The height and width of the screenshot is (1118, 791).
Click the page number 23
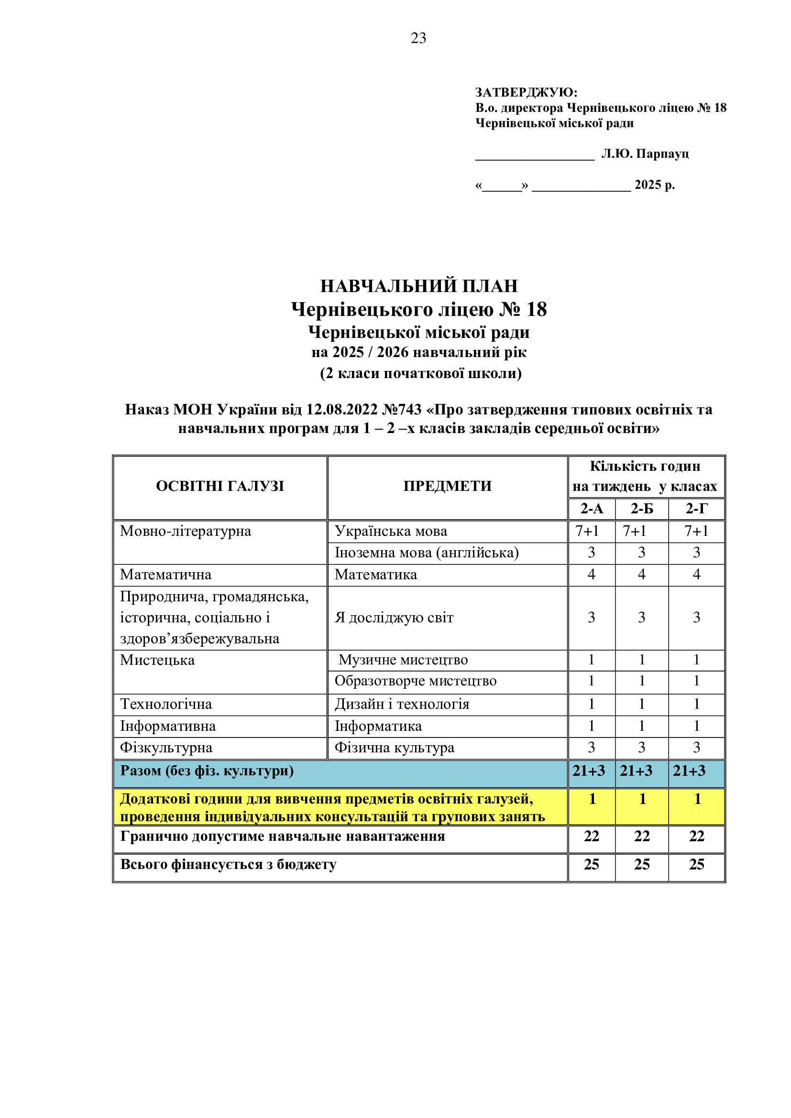point(418,38)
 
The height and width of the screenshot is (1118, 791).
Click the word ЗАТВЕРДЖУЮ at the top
point(526,92)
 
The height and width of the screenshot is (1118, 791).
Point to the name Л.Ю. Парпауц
point(645,154)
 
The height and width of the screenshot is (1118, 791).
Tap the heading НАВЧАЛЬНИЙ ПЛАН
point(419,286)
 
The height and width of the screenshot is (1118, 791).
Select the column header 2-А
point(591,509)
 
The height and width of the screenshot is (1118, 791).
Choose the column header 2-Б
point(641,509)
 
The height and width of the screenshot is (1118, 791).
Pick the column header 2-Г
point(696,509)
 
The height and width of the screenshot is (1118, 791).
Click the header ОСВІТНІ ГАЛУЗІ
point(220,486)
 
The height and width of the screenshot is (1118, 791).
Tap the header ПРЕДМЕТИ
point(447,486)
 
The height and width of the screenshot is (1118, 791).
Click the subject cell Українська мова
point(391,531)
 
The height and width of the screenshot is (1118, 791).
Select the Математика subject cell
point(375,575)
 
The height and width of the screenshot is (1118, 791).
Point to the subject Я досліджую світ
point(394,618)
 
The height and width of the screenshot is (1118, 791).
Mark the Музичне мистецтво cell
point(403,660)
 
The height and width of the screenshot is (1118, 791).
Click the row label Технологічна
point(166,704)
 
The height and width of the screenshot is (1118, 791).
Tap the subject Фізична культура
point(394,748)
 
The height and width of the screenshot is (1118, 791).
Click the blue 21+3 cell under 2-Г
point(689,771)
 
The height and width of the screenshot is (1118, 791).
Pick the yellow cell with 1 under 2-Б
point(642,799)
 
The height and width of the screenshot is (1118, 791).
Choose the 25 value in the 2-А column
point(591,864)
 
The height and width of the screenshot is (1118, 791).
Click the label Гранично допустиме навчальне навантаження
point(283,836)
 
